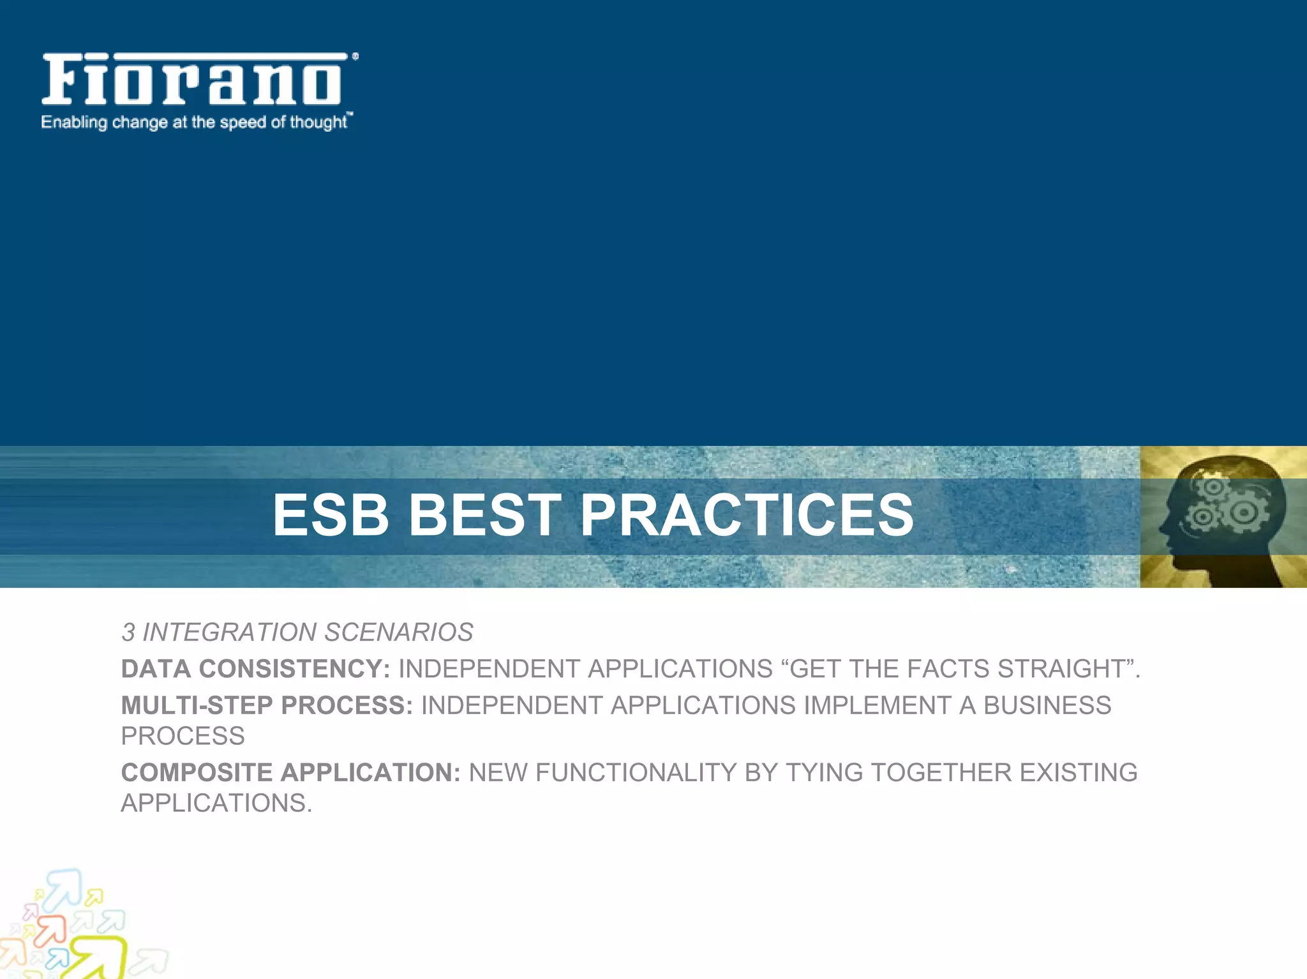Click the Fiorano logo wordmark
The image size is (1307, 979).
[x=191, y=80]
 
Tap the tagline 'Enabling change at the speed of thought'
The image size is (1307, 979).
[x=195, y=122]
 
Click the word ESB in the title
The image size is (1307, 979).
[x=331, y=515]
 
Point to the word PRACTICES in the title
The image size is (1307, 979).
[x=747, y=515]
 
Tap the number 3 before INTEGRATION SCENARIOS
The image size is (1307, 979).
[x=128, y=632]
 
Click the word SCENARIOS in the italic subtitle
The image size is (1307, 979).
[x=399, y=632]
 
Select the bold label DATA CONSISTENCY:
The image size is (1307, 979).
[x=255, y=669]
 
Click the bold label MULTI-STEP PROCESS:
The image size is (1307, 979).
[x=267, y=705]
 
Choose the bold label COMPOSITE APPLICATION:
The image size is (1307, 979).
[x=290, y=772]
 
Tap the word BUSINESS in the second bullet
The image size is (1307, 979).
[x=1047, y=705]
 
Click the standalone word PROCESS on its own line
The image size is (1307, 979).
[x=183, y=736]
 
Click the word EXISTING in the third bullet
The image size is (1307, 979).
[x=1078, y=772]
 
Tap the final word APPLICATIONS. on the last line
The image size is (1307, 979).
[x=216, y=803]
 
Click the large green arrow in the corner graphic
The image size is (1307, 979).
[x=102, y=957]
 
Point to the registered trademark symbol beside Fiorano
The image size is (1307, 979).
[x=355, y=57]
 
